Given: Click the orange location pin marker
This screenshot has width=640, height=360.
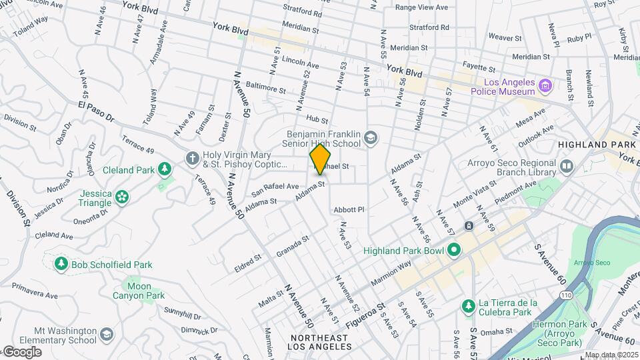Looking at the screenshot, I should (x=320, y=159).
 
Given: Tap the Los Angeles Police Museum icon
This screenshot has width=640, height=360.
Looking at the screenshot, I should (x=545, y=86).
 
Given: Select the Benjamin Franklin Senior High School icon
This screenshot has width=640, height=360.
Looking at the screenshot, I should (x=370, y=139).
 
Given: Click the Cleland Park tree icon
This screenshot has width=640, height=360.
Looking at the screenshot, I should (x=164, y=170).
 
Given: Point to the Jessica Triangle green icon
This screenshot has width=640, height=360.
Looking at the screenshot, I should (x=121, y=196).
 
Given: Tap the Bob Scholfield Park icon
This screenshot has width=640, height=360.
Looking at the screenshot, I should (x=61, y=265).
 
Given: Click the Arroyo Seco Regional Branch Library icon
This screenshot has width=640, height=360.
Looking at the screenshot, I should (x=567, y=165).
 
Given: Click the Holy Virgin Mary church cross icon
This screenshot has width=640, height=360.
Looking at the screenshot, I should (x=192, y=158).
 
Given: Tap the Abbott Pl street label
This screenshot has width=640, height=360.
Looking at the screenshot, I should (x=349, y=209).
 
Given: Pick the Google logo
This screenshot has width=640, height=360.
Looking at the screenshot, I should (x=21, y=352).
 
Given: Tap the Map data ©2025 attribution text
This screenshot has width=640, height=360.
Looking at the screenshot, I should (x=611, y=355).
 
